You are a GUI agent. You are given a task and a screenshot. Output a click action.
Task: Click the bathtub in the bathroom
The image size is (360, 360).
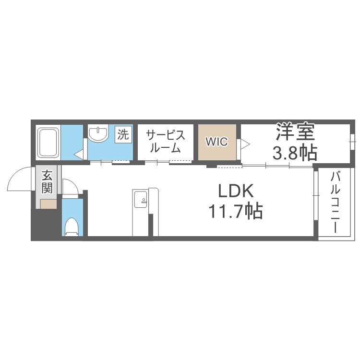[48, 142]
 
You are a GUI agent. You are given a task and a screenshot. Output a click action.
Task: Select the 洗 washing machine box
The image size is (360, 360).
[123, 135]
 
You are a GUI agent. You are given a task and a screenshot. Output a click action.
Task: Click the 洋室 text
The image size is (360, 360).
[294, 132]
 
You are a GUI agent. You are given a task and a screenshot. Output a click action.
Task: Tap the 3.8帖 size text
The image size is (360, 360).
[294, 153]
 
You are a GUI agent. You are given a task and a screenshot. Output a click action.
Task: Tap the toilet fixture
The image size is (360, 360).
[72, 226]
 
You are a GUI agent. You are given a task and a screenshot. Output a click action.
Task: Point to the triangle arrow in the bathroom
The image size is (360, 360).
[79, 154]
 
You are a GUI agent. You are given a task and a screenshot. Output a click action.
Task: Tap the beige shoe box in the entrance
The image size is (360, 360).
[48, 204]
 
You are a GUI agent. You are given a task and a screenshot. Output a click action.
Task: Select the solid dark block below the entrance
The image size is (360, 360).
[46, 224]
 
